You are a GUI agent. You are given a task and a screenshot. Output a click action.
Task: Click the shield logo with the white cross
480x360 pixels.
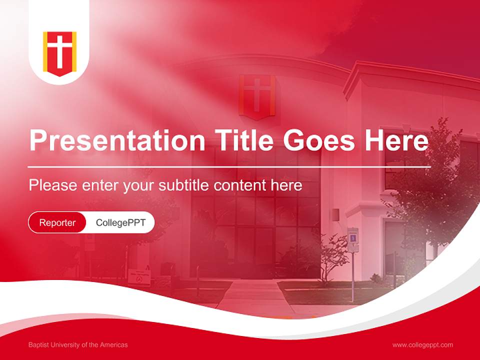click(59, 52)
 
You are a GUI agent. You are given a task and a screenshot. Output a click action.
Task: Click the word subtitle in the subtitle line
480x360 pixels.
click(184, 185)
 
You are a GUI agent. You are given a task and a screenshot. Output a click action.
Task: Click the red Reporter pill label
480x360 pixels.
click(57, 222)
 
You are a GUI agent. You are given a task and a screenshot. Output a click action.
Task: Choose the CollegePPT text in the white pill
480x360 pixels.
click(120, 222)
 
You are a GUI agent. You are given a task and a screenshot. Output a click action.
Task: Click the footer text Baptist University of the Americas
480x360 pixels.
click(78, 345)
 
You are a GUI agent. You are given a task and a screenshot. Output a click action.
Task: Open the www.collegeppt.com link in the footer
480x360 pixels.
click(422, 345)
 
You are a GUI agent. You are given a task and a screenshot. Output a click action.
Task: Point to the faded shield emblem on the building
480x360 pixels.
click(257, 96)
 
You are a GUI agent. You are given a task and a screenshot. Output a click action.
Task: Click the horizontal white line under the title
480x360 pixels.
click(229, 166)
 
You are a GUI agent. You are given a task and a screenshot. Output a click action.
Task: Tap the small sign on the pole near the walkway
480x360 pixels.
click(353, 234)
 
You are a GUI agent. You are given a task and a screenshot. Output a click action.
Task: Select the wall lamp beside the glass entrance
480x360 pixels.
click(335, 215)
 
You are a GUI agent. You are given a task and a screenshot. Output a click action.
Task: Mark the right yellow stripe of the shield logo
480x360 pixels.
click(73, 51)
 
